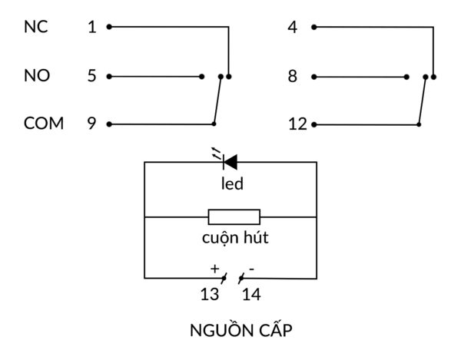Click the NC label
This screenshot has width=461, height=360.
point(36,27)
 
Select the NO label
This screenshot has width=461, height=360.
point(37,76)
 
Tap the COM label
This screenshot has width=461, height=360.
point(44,124)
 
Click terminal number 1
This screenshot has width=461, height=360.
point(92,28)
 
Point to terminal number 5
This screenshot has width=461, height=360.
point(92,76)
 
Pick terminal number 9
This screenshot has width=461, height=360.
point(92,124)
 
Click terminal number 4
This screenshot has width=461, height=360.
point(292,28)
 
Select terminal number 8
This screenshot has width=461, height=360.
point(292,76)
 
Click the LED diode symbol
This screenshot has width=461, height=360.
point(229,161)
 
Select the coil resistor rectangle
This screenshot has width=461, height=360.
point(234,217)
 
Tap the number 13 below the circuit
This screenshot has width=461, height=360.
point(210,294)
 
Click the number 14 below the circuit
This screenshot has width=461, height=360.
point(251,294)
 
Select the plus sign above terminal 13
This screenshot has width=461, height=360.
point(214,268)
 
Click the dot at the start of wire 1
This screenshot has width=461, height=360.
point(109,27)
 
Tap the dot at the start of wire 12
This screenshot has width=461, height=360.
point(314,124)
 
